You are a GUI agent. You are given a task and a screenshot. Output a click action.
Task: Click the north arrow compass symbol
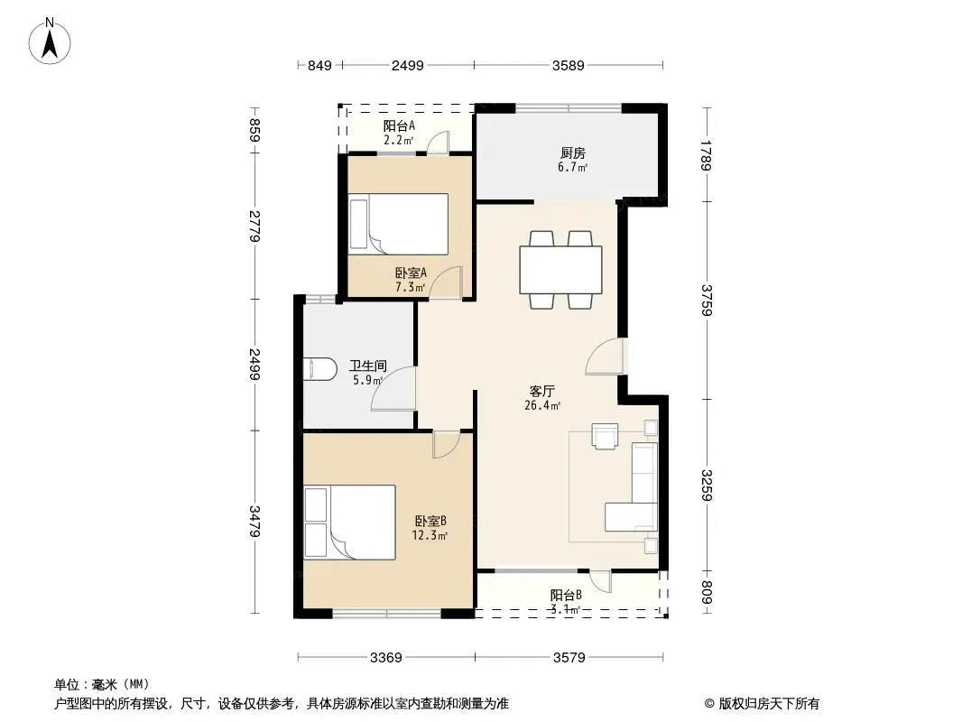(x=50, y=41)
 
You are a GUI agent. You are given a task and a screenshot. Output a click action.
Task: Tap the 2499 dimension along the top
(x=407, y=66)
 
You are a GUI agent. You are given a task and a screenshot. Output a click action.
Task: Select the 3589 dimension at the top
(x=569, y=66)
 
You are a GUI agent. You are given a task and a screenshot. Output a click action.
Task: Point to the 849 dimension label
(x=319, y=66)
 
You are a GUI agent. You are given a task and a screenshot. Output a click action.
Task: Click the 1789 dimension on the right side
(x=707, y=156)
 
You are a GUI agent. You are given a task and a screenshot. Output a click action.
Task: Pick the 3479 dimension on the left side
(x=254, y=522)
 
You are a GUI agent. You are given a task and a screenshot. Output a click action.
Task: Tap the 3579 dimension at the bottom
(x=569, y=658)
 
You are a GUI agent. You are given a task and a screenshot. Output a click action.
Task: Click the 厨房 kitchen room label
(x=572, y=153)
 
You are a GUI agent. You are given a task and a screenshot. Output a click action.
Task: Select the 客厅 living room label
(x=542, y=391)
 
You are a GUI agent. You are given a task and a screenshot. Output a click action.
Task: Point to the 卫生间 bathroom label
(x=368, y=366)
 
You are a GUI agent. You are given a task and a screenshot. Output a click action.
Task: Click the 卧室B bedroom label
(x=430, y=522)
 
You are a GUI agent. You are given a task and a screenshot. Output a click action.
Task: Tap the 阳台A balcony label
(x=399, y=125)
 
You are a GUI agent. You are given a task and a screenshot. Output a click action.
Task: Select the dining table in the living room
(x=560, y=270)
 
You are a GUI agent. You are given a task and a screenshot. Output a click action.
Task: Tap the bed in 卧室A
(x=398, y=224)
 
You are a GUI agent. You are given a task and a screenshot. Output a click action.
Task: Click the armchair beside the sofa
(x=605, y=436)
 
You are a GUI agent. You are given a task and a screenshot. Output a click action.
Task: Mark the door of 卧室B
(x=446, y=445)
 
